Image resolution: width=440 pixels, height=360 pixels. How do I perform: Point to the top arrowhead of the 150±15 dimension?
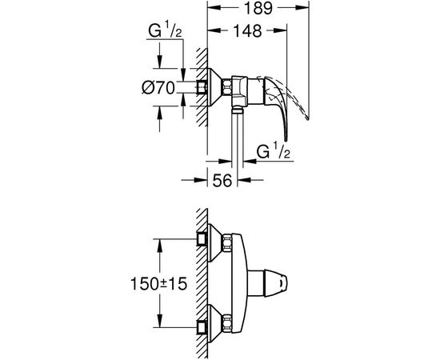click(x=160, y=241)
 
